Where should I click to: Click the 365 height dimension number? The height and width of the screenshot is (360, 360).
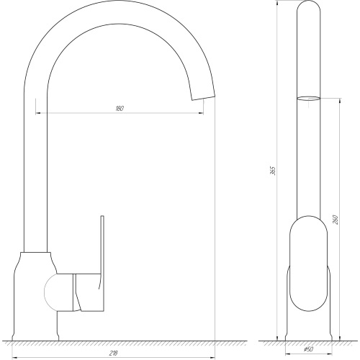(274, 171)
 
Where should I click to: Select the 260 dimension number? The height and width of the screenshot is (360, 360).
(336, 220)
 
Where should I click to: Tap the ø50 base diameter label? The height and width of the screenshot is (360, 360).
(309, 349)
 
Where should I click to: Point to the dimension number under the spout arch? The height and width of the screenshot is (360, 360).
(120, 109)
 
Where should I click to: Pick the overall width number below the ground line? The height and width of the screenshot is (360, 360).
(113, 354)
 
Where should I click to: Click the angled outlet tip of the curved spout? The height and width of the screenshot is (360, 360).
(203, 98)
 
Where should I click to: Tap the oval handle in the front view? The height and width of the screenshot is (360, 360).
(308, 264)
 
